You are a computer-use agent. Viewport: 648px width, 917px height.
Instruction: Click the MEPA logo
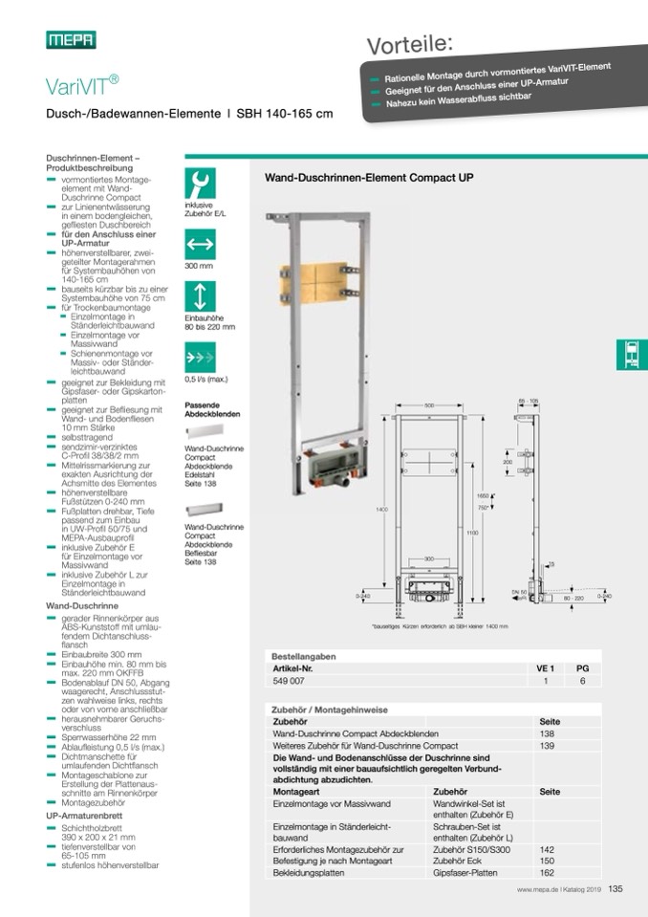(71, 39)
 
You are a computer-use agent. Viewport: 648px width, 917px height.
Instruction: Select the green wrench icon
(200, 184)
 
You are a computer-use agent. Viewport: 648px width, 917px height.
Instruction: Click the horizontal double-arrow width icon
(200, 243)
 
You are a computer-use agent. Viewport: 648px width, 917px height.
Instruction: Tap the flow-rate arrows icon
(200, 358)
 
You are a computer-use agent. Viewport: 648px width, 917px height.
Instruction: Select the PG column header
(583, 667)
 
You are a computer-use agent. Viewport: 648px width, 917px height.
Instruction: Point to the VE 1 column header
(546, 667)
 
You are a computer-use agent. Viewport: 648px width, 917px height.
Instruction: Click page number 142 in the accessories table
(547, 849)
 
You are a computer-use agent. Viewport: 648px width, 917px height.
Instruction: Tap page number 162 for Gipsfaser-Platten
(547, 872)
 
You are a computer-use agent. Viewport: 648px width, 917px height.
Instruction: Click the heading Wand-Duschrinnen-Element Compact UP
(368, 177)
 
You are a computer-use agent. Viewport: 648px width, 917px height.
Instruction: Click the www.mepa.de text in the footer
(536, 889)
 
